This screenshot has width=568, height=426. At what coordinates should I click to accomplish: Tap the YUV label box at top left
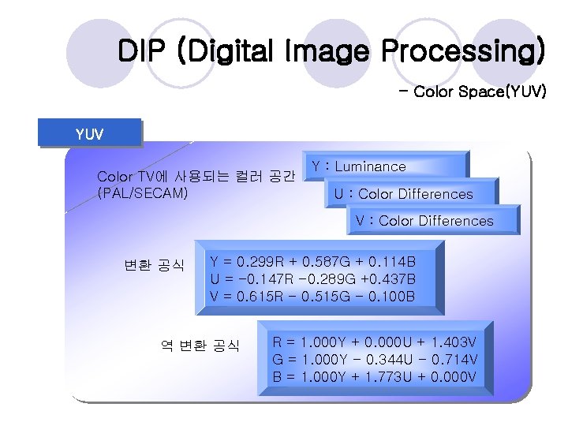[x=88, y=133]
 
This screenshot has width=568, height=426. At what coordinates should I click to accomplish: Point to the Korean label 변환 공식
[x=154, y=263]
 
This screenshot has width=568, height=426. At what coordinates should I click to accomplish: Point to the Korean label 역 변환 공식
[x=200, y=346]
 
